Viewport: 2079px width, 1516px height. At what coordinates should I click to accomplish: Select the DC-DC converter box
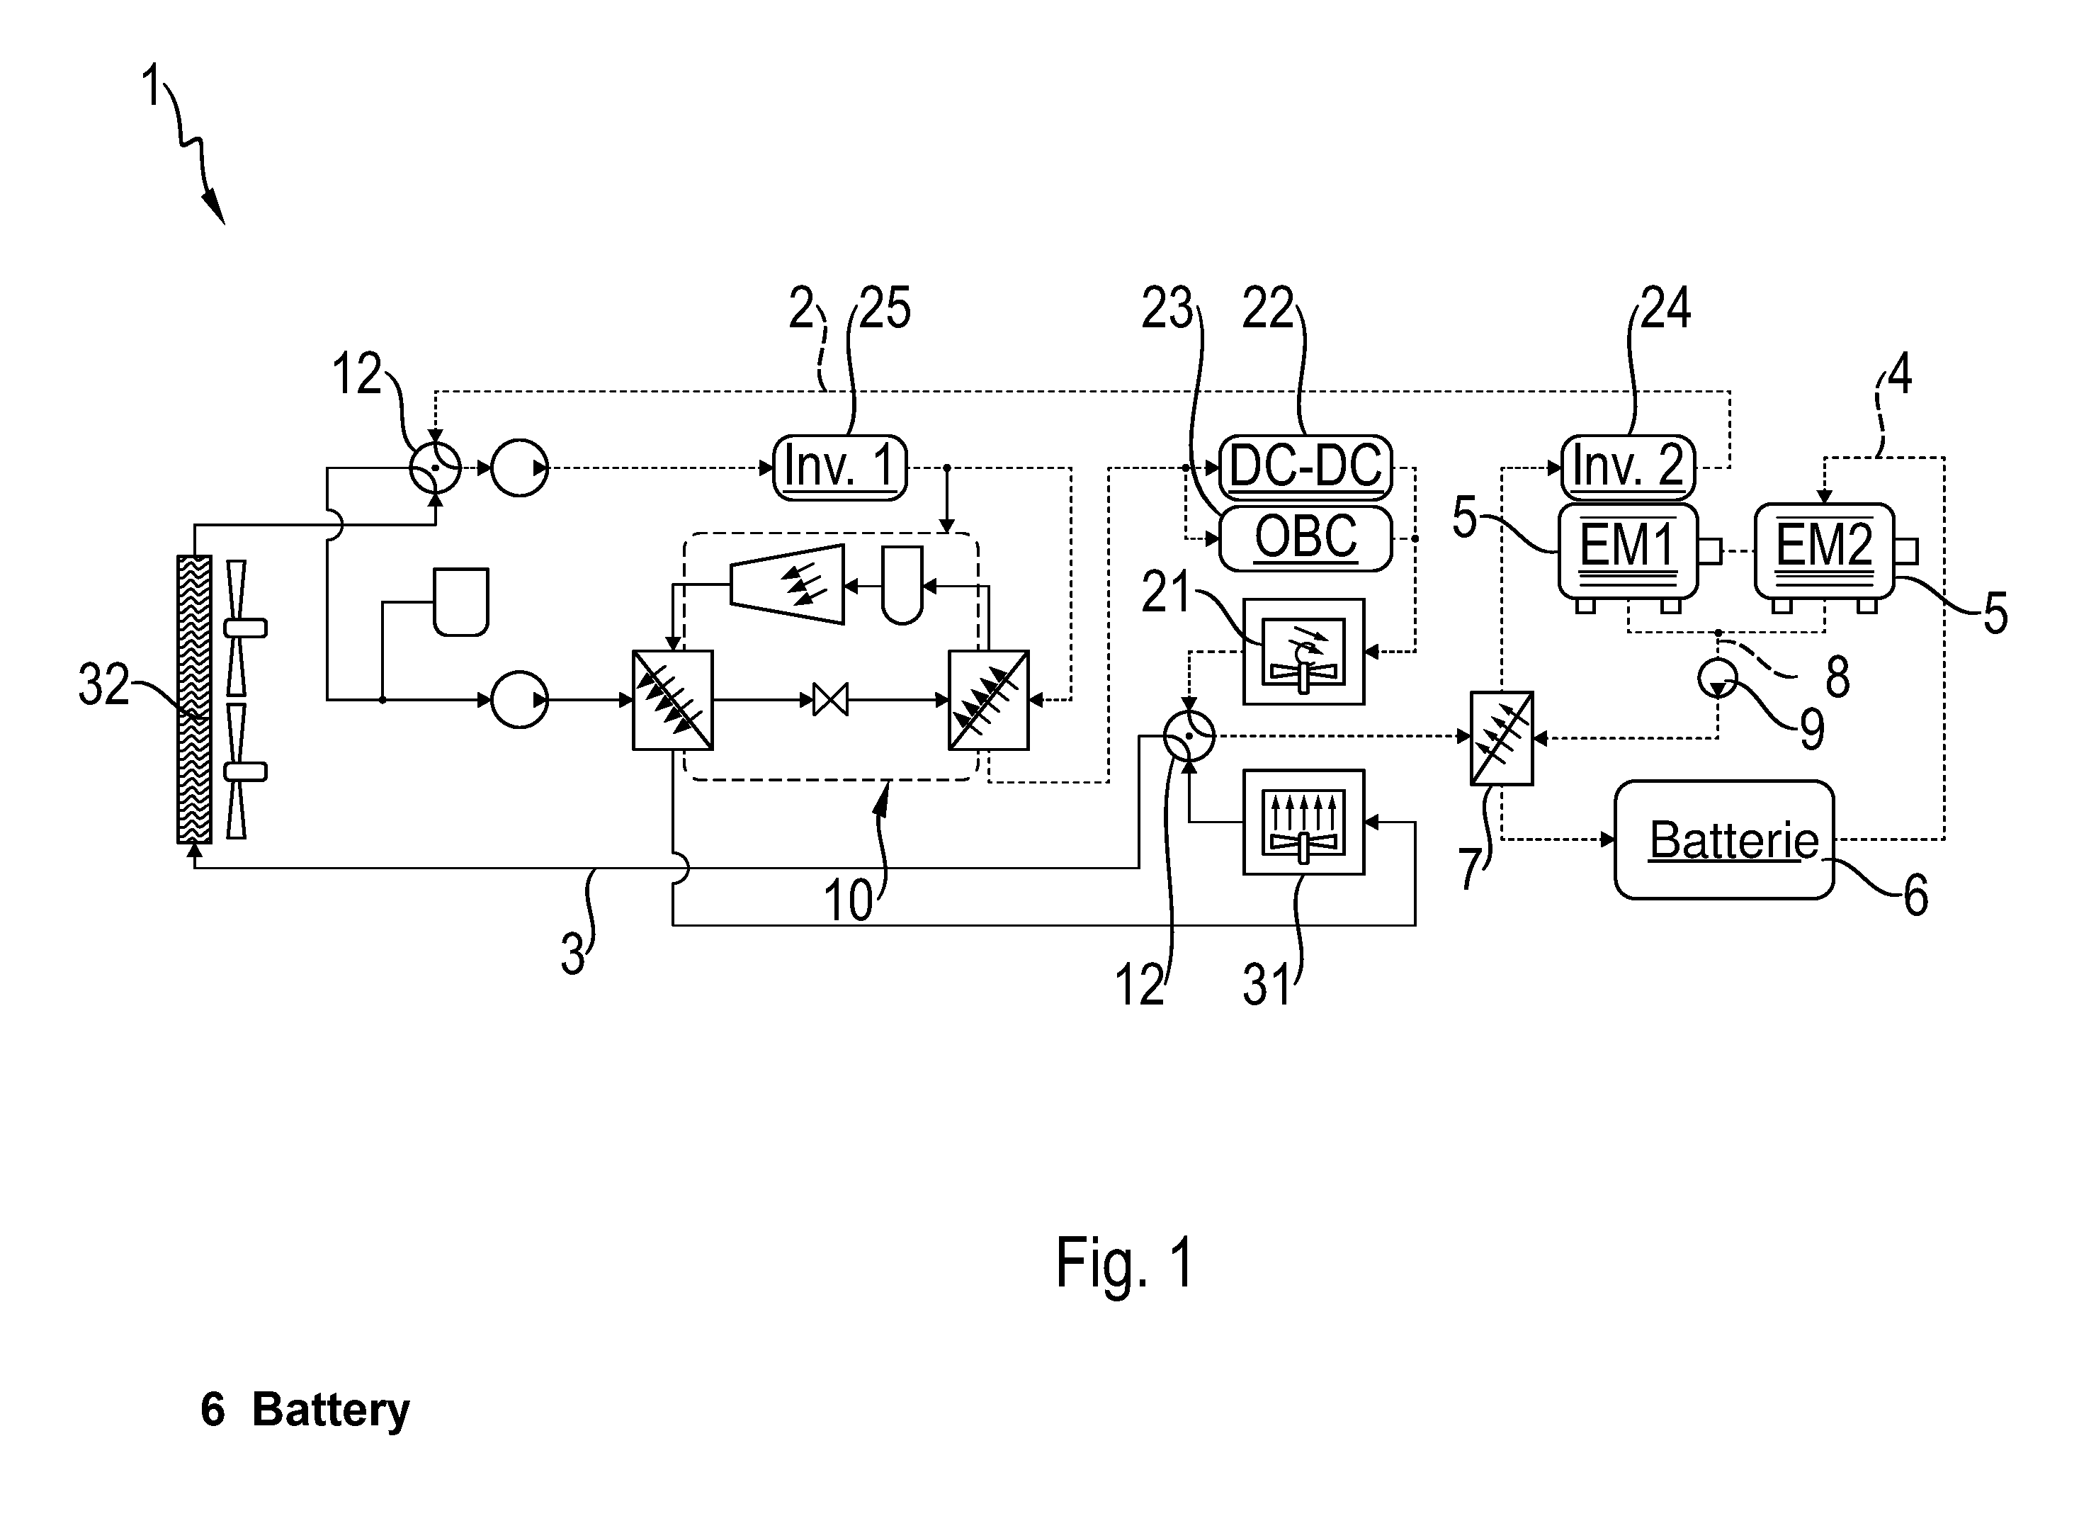1305,467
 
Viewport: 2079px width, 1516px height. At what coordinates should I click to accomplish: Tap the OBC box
1305,538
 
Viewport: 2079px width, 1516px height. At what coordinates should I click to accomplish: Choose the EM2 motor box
1824,550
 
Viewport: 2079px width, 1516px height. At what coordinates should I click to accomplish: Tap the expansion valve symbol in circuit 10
830,700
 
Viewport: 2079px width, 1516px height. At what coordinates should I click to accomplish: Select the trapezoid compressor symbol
786,584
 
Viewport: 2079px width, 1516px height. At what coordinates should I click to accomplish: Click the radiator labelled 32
193,699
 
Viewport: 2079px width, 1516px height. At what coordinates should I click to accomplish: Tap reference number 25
885,308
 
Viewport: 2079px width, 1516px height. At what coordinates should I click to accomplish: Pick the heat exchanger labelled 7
1501,738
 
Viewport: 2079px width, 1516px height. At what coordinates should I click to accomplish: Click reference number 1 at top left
152,87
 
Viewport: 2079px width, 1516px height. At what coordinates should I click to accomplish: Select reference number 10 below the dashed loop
848,901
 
